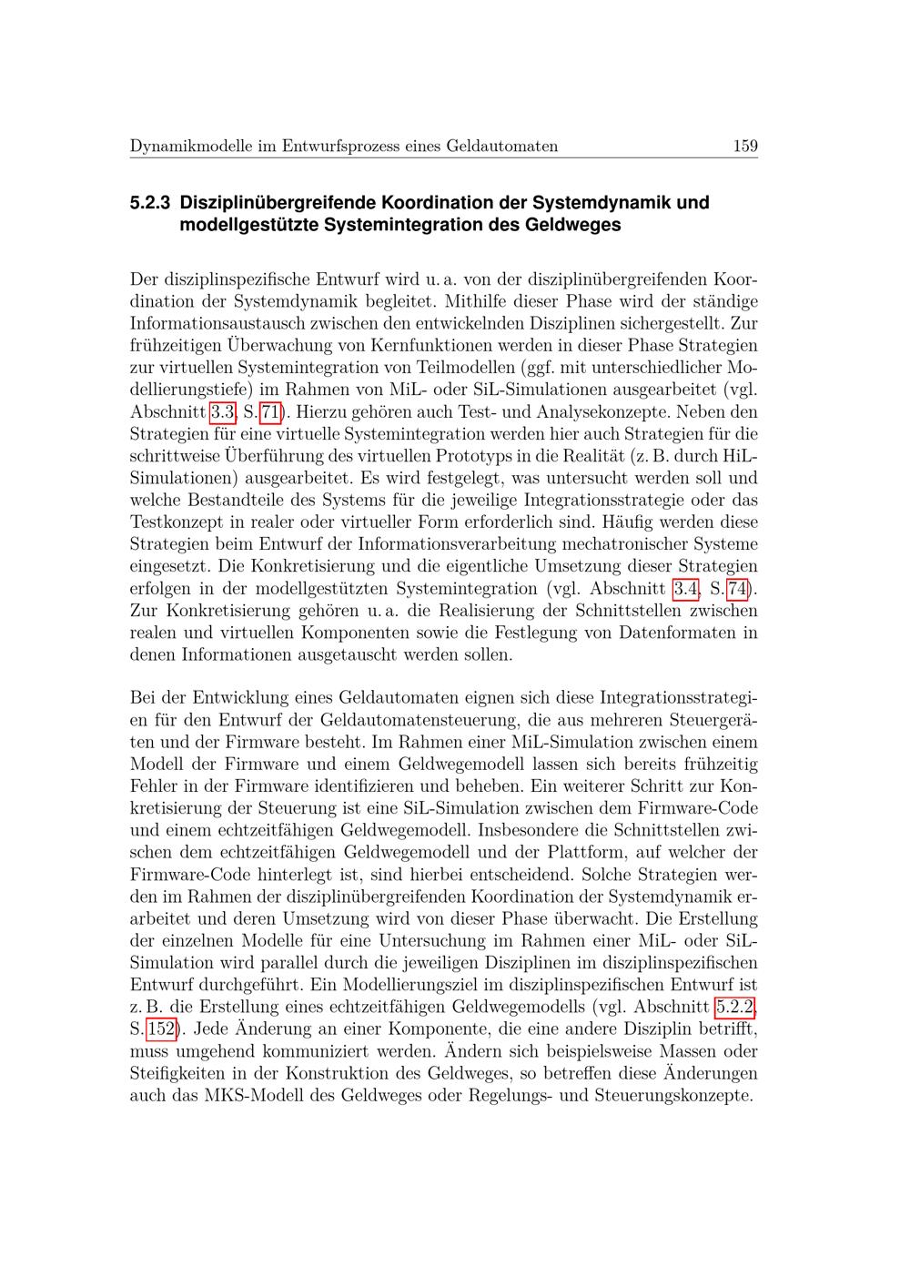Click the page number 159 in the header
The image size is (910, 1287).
pyautogui.click(x=744, y=146)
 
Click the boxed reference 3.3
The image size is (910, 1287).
pyautogui.click(x=222, y=412)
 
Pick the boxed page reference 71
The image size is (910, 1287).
pyautogui.click(x=269, y=412)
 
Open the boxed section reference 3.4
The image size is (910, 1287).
pyautogui.click(x=685, y=589)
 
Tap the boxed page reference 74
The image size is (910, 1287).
pyautogui.click(x=737, y=589)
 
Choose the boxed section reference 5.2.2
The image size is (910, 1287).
pyautogui.click(x=735, y=1007)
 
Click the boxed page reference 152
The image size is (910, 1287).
pyautogui.click(x=161, y=1029)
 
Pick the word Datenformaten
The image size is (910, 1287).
pyautogui.click(x=679, y=633)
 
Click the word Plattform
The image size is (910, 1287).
pyautogui.click(x=583, y=853)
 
